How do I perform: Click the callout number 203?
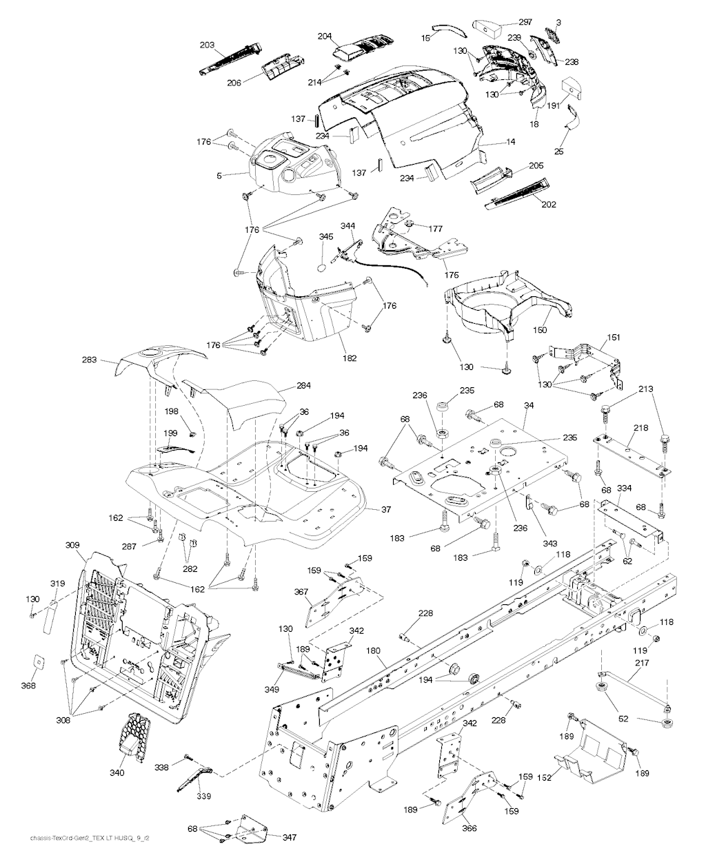(x=208, y=45)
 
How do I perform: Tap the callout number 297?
(x=525, y=22)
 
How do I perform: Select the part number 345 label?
(x=326, y=237)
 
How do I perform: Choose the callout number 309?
(x=72, y=545)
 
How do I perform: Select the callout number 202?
(x=549, y=204)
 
